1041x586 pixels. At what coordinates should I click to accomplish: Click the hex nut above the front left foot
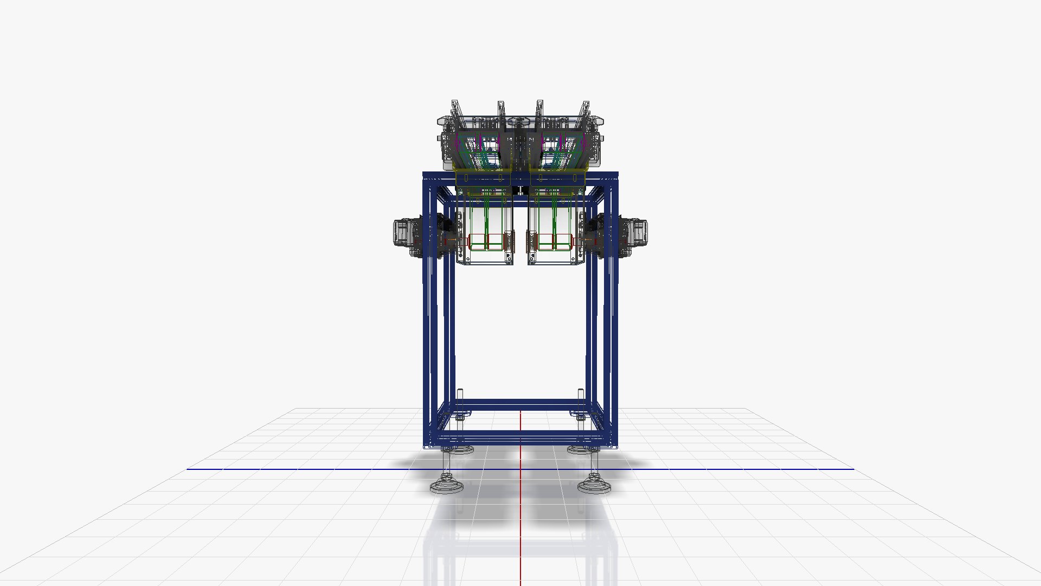(x=447, y=477)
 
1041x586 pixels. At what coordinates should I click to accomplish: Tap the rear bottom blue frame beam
(x=520, y=404)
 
